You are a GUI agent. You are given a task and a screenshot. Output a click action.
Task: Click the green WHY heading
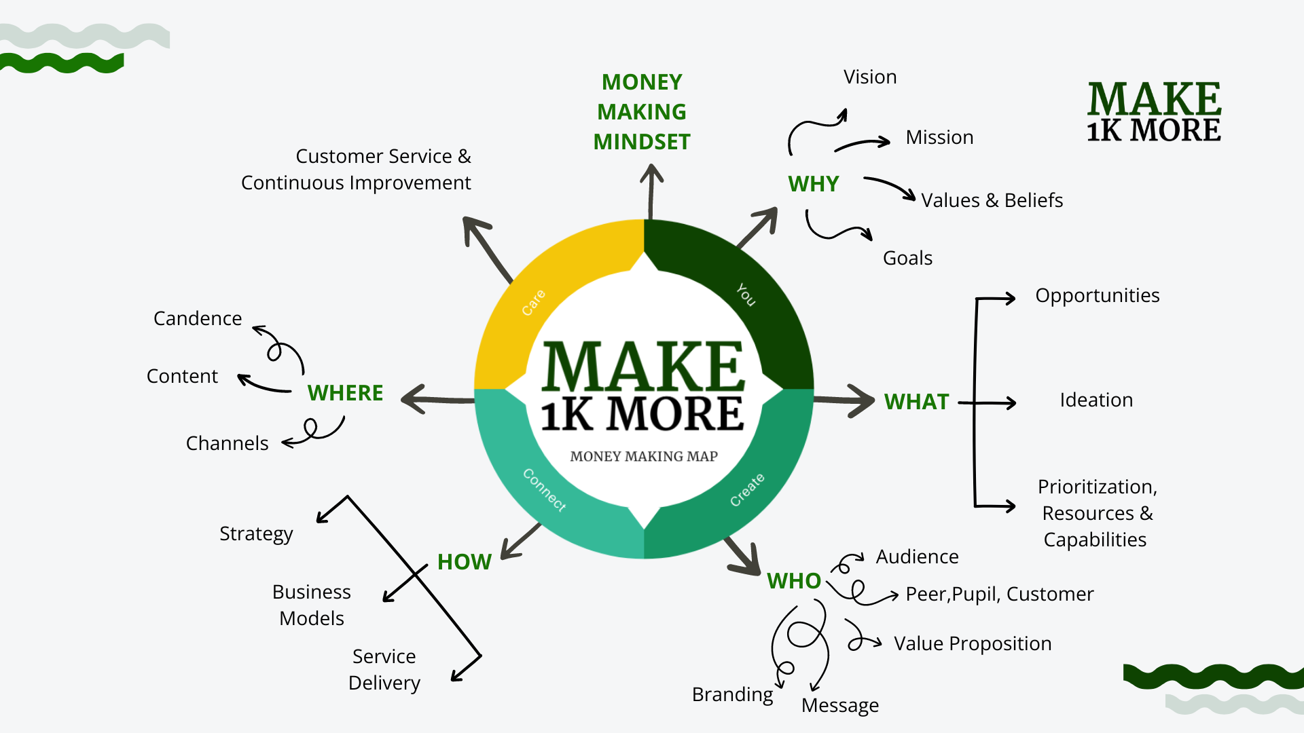813,184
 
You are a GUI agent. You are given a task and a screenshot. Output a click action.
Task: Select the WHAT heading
916,402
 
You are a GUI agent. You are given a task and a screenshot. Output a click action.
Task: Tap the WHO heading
794,581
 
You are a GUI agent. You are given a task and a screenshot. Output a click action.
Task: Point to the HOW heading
464,562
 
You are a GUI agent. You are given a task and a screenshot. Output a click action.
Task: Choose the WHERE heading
345,393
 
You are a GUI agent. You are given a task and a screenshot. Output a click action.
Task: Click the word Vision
870,77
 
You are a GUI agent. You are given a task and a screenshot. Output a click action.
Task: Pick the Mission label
939,138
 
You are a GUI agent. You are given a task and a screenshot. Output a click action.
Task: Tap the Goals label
907,259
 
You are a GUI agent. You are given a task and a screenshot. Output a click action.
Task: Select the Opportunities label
1097,296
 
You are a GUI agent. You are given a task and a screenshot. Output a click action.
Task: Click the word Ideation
1096,400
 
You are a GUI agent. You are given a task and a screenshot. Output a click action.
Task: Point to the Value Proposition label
973,643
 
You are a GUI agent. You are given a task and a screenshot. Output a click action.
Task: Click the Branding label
732,695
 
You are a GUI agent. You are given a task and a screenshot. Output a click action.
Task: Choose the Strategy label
256,534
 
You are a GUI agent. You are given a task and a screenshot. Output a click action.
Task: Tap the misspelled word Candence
198,319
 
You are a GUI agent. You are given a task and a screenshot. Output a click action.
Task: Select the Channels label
227,444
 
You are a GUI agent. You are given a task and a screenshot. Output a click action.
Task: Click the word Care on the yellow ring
534,303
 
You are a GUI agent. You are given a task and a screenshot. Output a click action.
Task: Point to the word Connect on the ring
544,489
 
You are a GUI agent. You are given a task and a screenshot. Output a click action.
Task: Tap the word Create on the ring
747,490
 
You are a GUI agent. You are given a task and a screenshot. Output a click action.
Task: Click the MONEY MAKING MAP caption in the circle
644,457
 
